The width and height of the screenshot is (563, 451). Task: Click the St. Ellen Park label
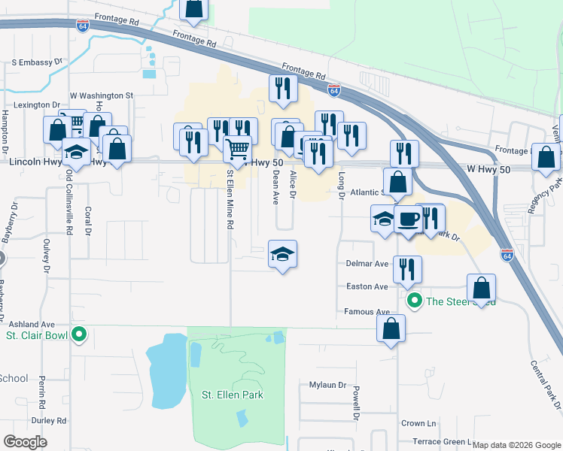[x=232, y=395]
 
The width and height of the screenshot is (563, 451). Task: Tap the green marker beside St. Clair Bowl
[x=78, y=335]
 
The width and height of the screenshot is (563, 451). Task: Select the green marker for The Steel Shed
[x=414, y=301]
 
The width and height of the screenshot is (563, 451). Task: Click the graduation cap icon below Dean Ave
[x=282, y=254]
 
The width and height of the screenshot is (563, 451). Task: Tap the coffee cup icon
[x=409, y=219]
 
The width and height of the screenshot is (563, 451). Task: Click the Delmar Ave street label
[x=367, y=264]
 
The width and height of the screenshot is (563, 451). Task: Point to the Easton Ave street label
[x=367, y=286]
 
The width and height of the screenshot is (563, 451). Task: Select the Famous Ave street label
[x=367, y=311]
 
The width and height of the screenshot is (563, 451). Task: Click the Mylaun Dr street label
[x=327, y=385]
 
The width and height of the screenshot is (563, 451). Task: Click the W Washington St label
[x=101, y=96]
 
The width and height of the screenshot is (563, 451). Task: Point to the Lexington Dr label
[x=35, y=105]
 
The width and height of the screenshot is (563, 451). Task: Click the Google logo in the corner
[x=25, y=442]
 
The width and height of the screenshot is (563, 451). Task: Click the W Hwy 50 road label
[x=488, y=170]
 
